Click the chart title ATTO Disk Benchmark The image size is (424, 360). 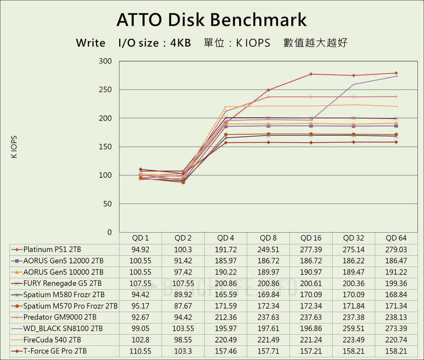pos(212,19)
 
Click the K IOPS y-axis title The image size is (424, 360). pos(14,147)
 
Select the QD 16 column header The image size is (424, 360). pos(311,238)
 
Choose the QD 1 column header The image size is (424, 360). pos(141,238)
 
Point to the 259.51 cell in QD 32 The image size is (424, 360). pos(354,328)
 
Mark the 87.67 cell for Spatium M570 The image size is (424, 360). pos(183,306)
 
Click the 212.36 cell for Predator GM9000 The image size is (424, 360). pos(226,317)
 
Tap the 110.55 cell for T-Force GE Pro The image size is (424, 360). pos(141,351)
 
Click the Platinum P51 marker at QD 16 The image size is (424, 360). pos(311,74)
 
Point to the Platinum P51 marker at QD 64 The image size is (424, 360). pos(396,73)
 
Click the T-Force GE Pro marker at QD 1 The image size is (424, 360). pos(141,169)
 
